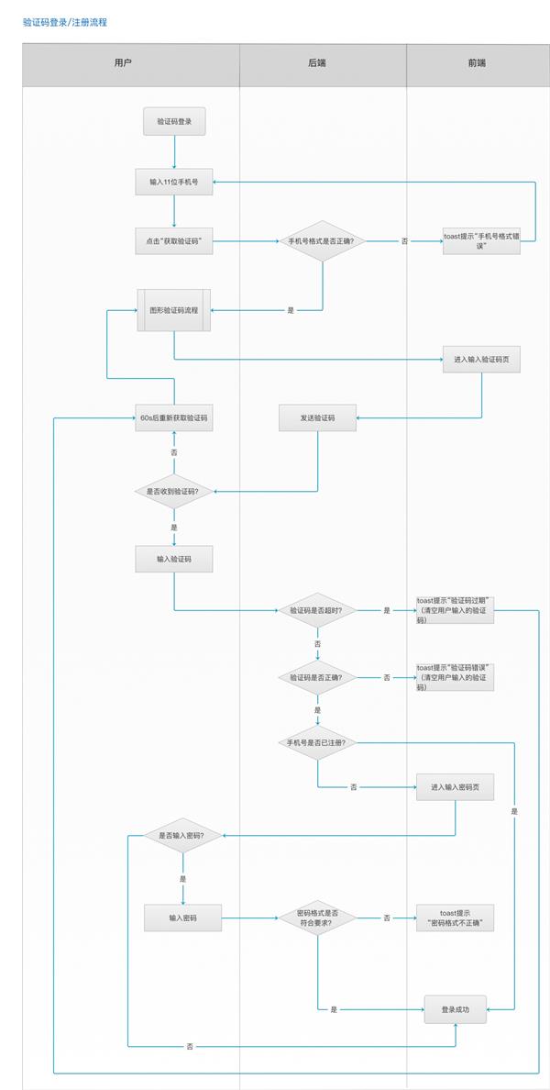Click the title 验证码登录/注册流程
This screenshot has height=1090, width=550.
(64, 22)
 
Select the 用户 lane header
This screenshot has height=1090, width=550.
(123, 63)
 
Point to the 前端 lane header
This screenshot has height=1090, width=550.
(477, 63)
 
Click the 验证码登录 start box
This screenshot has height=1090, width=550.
(174, 121)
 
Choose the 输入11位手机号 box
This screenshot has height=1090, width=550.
(174, 182)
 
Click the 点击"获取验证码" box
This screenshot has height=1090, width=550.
(174, 241)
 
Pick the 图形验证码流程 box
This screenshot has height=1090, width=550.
(174, 310)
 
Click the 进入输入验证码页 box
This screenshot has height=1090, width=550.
(481, 361)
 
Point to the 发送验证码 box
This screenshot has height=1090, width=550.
(317, 418)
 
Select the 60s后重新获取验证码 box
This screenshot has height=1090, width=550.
(174, 418)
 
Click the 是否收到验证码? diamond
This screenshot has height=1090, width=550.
(174, 492)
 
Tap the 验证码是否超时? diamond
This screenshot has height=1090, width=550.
(317, 610)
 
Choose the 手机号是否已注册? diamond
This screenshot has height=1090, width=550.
(317, 741)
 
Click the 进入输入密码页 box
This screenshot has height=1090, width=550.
(455, 787)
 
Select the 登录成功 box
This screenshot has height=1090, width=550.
(455, 1009)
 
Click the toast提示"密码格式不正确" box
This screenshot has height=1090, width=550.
(455, 918)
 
